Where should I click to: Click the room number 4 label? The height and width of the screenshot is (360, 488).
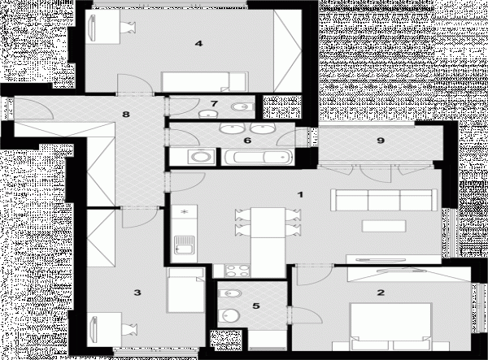[198, 44]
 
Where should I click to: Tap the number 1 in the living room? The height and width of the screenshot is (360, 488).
[300, 195]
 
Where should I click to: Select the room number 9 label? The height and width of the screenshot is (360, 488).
[381, 141]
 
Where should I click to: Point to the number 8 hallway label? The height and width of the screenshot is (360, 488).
[126, 115]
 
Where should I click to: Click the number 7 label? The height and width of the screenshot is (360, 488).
[214, 103]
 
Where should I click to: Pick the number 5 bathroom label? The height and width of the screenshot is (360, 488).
[256, 306]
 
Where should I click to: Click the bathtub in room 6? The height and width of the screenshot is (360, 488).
[258, 157]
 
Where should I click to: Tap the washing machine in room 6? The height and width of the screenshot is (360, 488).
[201, 156]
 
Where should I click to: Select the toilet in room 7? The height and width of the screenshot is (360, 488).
[242, 107]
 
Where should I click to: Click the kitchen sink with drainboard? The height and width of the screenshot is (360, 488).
[185, 245]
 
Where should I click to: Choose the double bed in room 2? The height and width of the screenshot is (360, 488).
[390, 327]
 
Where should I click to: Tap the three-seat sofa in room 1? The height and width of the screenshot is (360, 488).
[384, 200]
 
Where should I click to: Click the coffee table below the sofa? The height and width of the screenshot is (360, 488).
[384, 226]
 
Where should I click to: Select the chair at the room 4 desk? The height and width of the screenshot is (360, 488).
[129, 27]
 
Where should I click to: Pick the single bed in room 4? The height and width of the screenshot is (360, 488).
[205, 82]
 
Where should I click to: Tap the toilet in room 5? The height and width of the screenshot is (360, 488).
[230, 293]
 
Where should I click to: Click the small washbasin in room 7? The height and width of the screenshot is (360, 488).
[207, 114]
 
